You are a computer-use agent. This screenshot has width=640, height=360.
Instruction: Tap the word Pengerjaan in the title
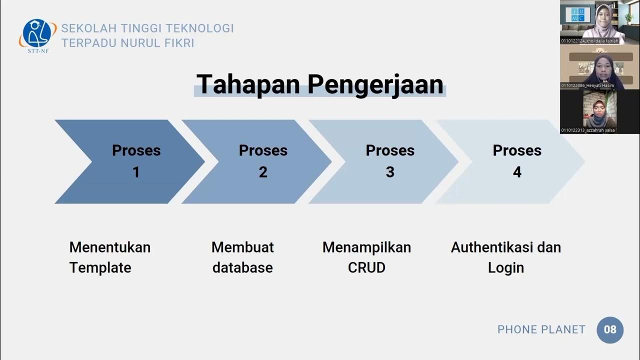[x=375, y=84]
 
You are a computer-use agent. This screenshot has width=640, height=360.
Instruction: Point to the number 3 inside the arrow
[x=390, y=172]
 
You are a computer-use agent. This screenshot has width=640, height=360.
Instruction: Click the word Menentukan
[x=109, y=247]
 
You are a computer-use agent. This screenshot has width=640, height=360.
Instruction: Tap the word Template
[x=100, y=267]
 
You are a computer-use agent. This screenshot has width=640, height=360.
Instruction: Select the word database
[x=242, y=267]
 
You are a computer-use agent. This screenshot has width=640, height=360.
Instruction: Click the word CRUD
[x=366, y=267]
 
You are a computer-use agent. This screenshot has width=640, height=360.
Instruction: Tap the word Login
[x=505, y=267]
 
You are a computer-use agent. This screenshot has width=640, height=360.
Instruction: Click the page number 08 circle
[x=610, y=330]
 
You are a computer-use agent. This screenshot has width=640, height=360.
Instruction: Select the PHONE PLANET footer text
[x=541, y=329]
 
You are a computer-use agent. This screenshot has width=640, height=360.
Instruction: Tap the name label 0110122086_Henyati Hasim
[x=587, y=85]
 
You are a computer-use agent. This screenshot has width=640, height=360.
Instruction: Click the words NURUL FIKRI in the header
[x=157, y=43]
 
